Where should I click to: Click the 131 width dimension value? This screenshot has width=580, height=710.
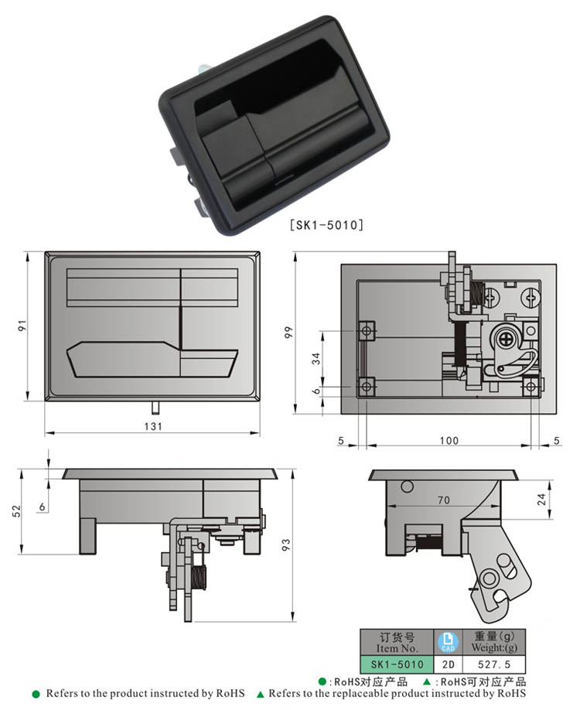pos(152,427)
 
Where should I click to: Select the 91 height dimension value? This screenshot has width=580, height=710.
pos(23,326)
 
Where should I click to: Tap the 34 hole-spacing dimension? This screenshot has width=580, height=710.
pos(315,358)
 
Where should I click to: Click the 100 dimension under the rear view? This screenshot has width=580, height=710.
pos(449,441)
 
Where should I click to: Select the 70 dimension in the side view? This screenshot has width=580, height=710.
pos(443,500)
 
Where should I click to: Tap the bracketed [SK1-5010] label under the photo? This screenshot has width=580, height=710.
pos(326,225)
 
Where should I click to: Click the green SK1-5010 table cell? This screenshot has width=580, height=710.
pos(397,664)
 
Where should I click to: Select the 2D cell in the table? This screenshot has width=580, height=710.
pos(448,664)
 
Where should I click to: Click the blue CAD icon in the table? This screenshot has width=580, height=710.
pos(448,642)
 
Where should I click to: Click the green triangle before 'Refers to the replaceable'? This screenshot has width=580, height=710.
pos(261,694)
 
